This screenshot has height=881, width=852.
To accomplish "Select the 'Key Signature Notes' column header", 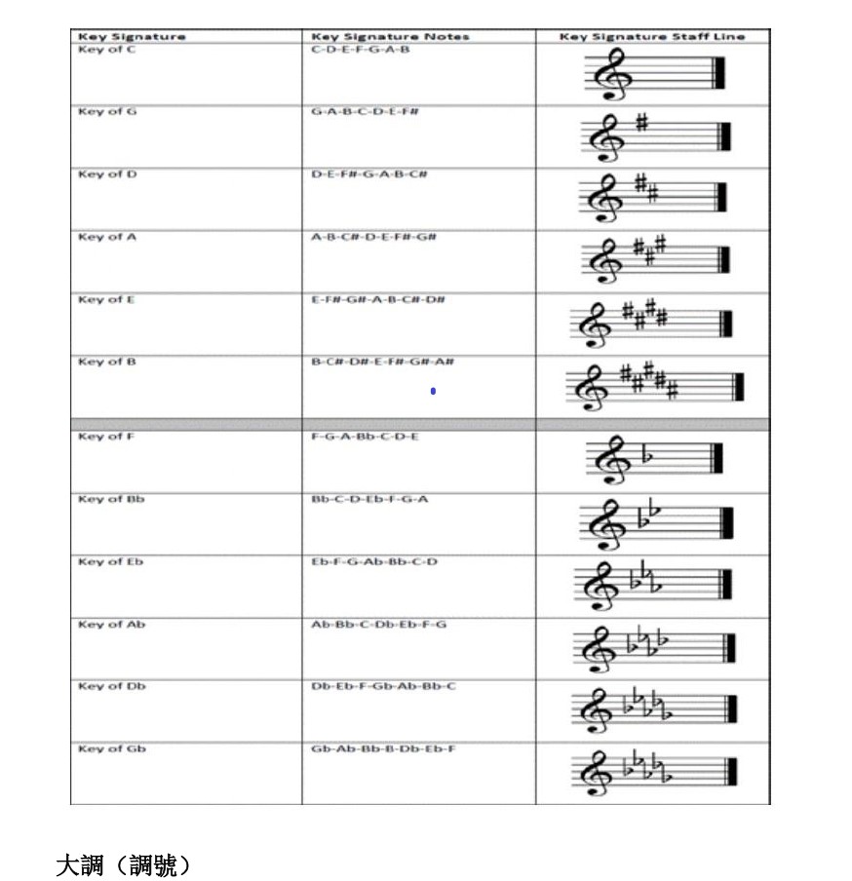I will click(389, 37).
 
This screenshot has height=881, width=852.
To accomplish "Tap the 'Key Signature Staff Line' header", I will click(652, 37).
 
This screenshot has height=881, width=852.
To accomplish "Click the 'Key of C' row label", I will click(107, 50).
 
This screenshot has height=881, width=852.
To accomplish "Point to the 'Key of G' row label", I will click(107, 112).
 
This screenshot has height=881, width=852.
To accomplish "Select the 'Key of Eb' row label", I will click(110, 561).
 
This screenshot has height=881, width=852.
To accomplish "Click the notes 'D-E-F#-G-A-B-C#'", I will click(369, 174).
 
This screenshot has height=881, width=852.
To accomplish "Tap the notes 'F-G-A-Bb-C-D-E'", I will click(364, 437).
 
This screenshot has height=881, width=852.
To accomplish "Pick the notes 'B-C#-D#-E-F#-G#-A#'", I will click(383, 362).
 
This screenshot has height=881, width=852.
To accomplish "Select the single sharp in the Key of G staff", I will click(641, 124).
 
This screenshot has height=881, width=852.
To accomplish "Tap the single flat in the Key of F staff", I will click(644, 454).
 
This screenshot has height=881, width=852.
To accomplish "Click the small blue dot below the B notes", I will click(432, 392).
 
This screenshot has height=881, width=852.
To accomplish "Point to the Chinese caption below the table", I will click(123, 864).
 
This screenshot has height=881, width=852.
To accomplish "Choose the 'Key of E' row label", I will click(107, 299).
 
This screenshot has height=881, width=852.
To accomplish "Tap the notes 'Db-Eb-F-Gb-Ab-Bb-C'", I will click(382, 686).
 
